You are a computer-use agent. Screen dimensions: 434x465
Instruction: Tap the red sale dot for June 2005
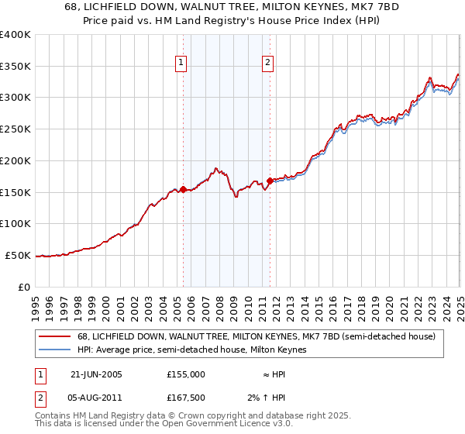(x=183, y=189)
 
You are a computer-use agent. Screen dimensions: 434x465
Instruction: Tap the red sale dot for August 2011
(x=270, y=181)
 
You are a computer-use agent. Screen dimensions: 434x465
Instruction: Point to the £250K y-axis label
(x=15, y=129)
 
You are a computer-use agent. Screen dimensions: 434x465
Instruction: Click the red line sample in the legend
(x=53, y=336)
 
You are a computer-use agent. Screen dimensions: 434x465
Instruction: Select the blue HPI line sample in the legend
(x=53, y=350)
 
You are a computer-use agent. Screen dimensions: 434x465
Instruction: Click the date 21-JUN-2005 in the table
(x=96, y=374)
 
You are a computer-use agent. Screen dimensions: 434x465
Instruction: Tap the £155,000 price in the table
(x=186, y=374)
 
